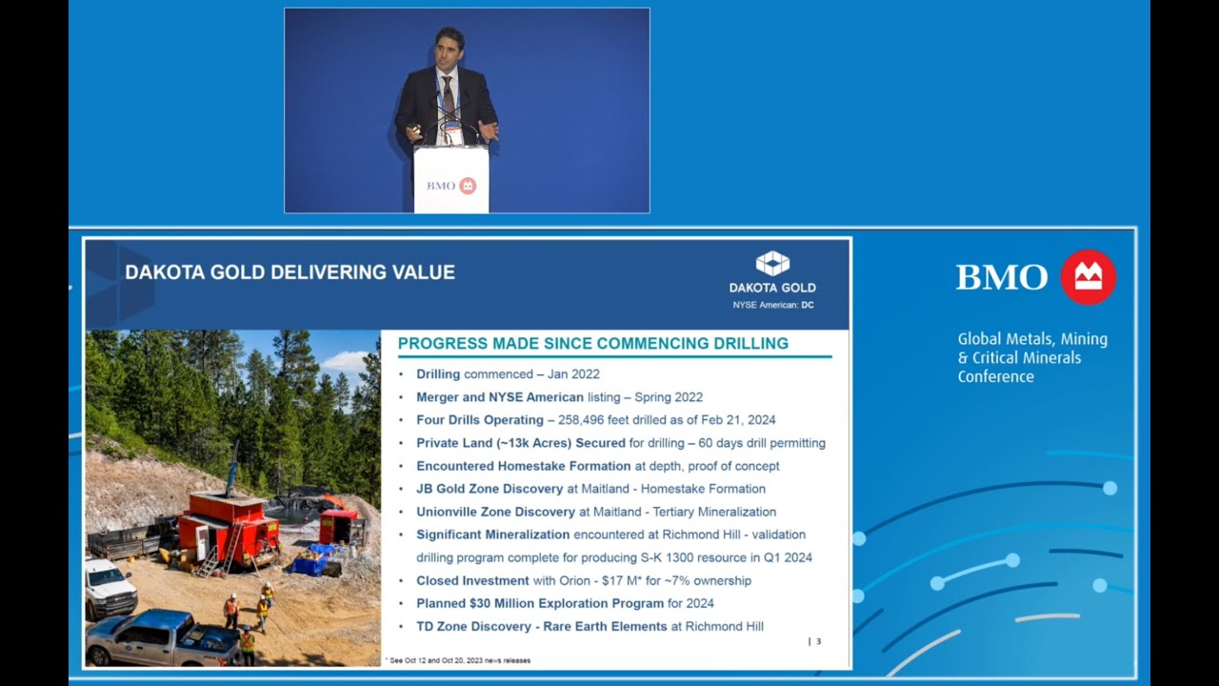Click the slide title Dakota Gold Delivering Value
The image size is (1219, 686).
pos(290,272)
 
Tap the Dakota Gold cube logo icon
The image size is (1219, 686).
pos(772,264)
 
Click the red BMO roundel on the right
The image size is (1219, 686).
pos(1088,277)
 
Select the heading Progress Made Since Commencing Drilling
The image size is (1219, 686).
pos(592,343)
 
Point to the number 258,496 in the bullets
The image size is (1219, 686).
pos(591,420)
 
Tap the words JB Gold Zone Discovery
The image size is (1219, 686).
pos(490,489)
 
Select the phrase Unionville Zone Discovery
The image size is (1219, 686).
pos(495,512)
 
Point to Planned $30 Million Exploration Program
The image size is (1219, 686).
pos(540,603)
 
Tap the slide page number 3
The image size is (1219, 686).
pos(817,641)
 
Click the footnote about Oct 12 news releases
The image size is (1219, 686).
pos(460,660)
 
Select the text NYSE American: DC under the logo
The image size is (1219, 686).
pos(772,305)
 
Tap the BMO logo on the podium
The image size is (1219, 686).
pos(450,186)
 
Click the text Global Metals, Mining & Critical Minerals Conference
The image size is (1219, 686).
pos(1032,357)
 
